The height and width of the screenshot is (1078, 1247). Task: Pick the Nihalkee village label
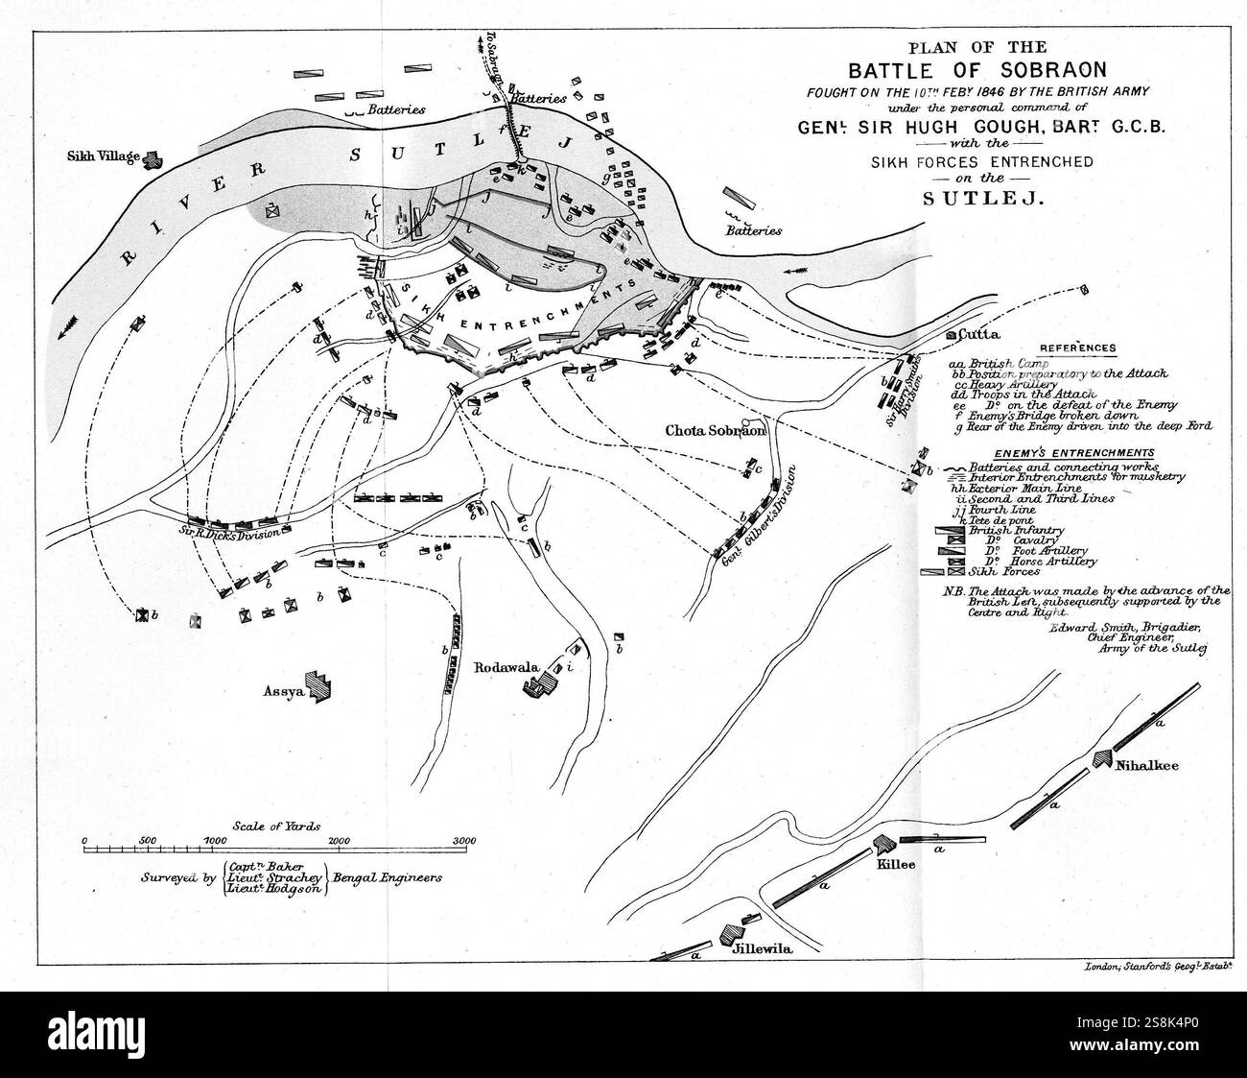(1146, 765)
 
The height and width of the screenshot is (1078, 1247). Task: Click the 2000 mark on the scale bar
(339, 840)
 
